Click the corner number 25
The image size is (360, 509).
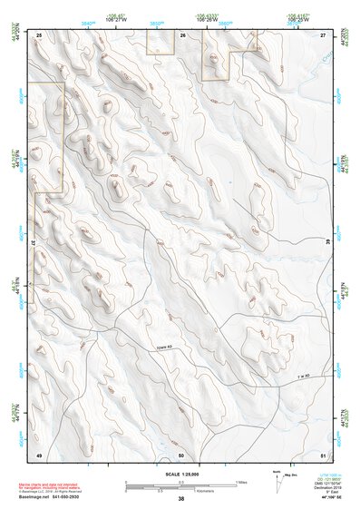[x=39, y=34]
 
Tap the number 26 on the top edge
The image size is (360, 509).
[x=182, y=34]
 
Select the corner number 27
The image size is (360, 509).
[x=324, y=34]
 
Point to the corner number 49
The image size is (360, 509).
[x=39, y=454]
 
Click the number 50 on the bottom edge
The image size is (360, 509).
[x=181, y=454]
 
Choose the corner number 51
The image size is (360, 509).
[x=324, y=454]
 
